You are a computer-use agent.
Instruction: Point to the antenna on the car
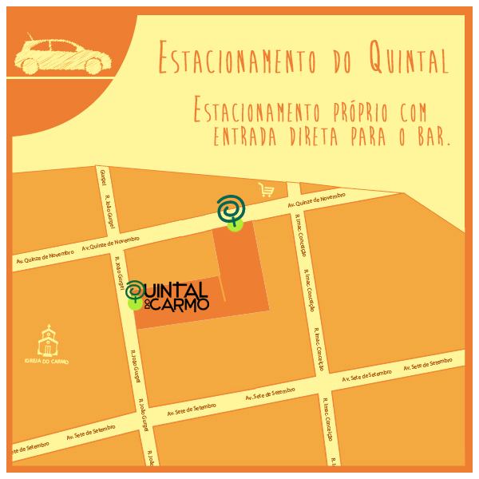30,35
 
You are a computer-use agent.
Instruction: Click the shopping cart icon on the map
266,190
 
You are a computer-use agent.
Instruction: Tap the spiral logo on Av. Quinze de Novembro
232,208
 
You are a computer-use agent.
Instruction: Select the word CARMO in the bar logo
180,304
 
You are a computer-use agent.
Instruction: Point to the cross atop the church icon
49,327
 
